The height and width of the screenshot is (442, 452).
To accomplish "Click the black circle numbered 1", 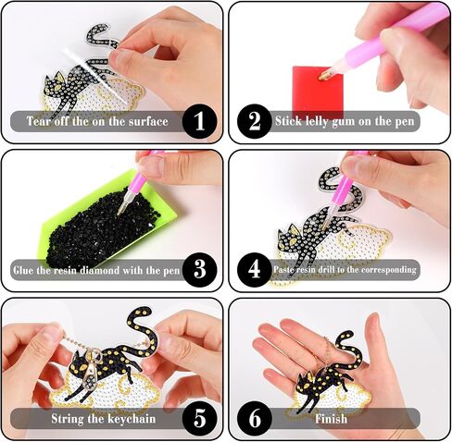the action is [x=199, y=121].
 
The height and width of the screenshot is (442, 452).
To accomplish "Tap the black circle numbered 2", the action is [x=255, y=121].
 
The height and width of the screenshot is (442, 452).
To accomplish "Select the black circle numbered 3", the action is [x=199, y=269].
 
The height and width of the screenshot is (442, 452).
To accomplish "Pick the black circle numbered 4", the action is [x=255, y=269].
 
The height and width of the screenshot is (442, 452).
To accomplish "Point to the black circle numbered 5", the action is [x=199, y=418].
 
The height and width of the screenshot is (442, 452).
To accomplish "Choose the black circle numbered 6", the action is [x=255, y=418].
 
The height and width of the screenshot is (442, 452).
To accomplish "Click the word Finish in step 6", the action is [x=331, y=419].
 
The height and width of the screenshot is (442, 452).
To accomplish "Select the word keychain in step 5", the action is [x=132, y=419].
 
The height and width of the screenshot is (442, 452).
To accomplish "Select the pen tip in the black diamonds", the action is [x=119, y=212].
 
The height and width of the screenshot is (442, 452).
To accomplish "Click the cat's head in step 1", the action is [x=55, y=85].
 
